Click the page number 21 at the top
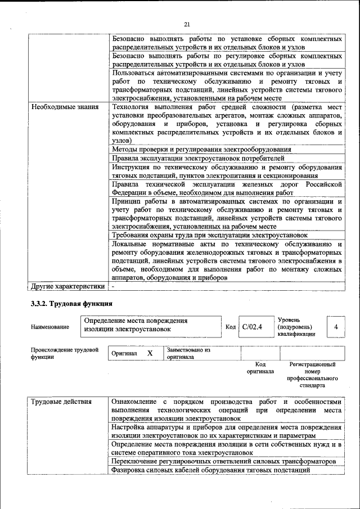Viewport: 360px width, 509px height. point(187,24)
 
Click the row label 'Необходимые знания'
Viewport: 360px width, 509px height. point(65,106)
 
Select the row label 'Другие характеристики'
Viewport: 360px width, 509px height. point(68,286)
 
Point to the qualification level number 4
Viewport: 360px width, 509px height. point(336,327)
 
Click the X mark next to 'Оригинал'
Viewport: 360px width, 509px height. point(150,353)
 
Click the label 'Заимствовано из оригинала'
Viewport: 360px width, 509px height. point(188,353)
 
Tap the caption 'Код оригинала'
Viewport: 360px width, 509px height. point(260,368)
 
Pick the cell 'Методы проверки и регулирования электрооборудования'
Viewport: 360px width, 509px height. point(201,149)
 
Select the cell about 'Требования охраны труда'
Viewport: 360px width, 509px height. point(210,235)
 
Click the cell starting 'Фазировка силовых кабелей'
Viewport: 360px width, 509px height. point(211,470)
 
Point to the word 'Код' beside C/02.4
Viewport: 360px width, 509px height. point(231,327)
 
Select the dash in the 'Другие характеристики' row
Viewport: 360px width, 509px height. point(113,286)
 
